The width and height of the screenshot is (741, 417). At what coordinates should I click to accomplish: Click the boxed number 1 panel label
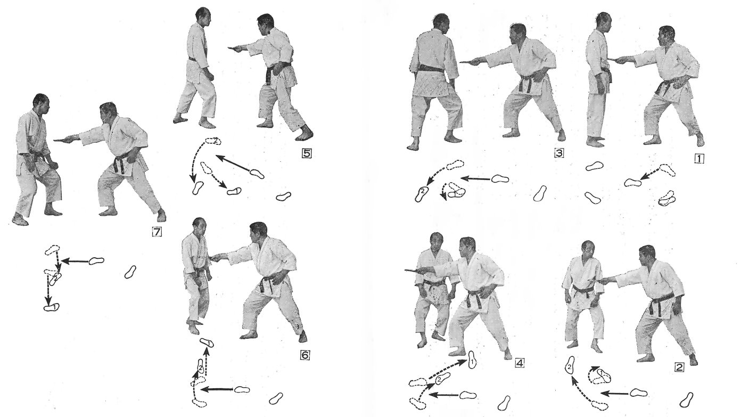point(698,159)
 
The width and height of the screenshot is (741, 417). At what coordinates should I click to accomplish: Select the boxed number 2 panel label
point(679,367)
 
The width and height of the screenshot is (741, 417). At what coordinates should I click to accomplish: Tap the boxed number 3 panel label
point(559,153)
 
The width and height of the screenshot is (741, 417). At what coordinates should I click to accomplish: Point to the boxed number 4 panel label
point(520,363)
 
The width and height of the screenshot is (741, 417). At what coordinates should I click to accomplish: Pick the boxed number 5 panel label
point(307,153)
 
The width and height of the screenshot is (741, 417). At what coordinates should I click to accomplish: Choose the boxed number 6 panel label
point(304,355)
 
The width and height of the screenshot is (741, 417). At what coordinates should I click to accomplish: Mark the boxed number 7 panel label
point(157,232)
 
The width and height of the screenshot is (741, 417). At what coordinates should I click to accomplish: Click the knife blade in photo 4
point(411,271)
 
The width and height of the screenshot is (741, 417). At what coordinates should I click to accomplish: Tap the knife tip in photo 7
point(54,140)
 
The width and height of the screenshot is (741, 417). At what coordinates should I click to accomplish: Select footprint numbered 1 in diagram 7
point(51,307)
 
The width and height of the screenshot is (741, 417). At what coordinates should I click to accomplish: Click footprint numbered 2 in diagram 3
point(422,194)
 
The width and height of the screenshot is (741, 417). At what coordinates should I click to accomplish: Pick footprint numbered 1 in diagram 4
point(472,360)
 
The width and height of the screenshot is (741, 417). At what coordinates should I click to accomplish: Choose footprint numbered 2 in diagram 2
point(570,365)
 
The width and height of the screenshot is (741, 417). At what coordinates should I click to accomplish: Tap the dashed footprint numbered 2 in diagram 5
point(213,141)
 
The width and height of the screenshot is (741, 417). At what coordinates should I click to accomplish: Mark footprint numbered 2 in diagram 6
point(201,367)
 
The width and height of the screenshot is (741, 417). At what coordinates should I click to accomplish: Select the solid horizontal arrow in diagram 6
point(217,389)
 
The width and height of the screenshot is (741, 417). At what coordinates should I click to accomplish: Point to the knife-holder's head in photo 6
point(258,231)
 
